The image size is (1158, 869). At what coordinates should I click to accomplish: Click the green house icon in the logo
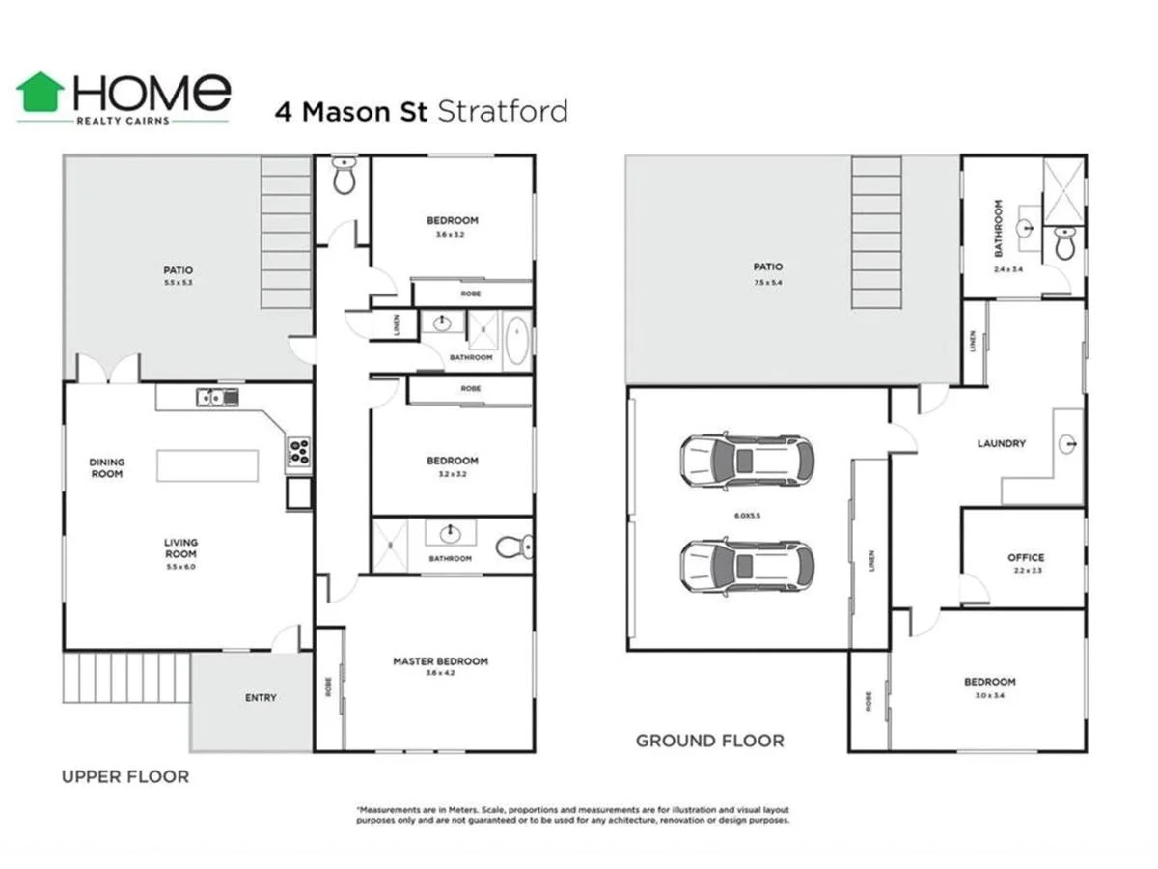point(41,92)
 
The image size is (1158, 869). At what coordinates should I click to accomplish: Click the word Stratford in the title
point(503,111)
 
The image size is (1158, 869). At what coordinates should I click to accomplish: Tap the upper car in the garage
point(746,460)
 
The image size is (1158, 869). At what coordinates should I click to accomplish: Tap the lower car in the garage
point(746,565)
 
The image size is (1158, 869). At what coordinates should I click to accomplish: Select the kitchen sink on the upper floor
point(217,396)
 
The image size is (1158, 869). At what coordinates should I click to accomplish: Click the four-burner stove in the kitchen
point(299,451)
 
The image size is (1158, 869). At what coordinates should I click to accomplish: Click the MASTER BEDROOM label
point(440,661)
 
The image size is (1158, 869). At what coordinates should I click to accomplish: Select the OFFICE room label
point(1026,557)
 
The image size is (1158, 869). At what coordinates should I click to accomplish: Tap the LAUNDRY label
point(1001,444)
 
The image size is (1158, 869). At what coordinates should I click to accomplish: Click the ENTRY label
point(260,697)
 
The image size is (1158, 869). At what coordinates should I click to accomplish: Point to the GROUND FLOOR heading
point(709,741)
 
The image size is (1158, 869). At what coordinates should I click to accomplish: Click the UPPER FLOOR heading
point(125,775)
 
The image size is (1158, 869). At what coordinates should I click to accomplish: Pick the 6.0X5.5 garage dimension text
point(745,516)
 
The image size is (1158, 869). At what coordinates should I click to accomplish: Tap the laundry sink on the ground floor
point(1066,444)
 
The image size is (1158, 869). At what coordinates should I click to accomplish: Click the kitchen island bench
point(208,464)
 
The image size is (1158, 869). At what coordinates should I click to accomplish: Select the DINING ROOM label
point(107,467)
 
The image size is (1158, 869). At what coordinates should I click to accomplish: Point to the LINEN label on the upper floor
point(399,325)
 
